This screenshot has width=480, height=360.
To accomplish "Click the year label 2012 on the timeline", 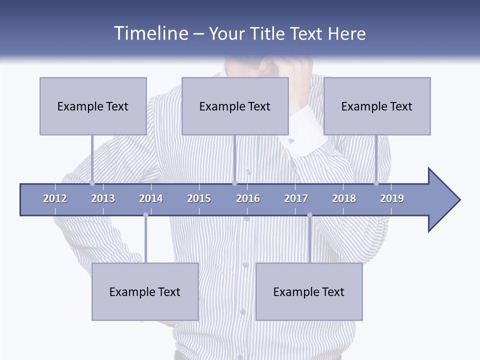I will (x=55, y=198).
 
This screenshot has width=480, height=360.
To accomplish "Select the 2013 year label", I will (x=103, y=198).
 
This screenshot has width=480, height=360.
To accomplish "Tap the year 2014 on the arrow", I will (x=151, y=198).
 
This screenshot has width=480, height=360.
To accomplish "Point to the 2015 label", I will (x=199, y=198).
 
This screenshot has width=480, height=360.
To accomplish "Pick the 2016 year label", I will (x=248, y=198).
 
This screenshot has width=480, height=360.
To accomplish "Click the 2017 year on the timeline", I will (x=296, y=198).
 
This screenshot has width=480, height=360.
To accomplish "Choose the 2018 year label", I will (x=344, y=198).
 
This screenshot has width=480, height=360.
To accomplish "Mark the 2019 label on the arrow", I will (x=392, y=198).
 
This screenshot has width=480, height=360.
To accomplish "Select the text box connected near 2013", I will (x=93, y=106).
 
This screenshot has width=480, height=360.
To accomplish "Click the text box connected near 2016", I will (x=235, y=106).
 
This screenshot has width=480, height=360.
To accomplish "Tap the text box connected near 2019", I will (x=377, y=106).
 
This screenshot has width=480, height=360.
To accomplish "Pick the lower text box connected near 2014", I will (x=145, y=291).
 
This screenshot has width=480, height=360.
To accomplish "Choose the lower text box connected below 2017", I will (x=309, y=291).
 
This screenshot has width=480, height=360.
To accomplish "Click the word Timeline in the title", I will (x=150, y=33).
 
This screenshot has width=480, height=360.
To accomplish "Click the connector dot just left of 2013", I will (x=92, y=183).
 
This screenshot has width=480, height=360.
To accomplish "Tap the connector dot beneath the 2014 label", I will (x=145, y=215).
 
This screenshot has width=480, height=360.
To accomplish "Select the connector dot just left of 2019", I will (x=376, y=183).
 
